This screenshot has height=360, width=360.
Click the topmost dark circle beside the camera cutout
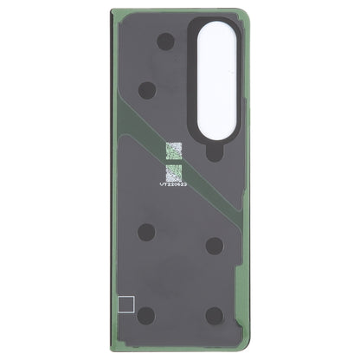(165, 41)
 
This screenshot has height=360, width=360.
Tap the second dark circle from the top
(147, 88)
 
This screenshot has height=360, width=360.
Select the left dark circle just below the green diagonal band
(146, 232)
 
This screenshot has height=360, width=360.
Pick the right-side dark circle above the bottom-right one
(215, 246)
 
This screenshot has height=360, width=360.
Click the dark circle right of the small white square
(146, 315)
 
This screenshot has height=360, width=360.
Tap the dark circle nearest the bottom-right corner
(215, 316)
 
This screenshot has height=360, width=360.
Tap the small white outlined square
(123, 305)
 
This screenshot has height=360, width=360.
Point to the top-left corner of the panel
(112, 11)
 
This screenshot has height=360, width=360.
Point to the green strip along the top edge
(156, 12)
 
